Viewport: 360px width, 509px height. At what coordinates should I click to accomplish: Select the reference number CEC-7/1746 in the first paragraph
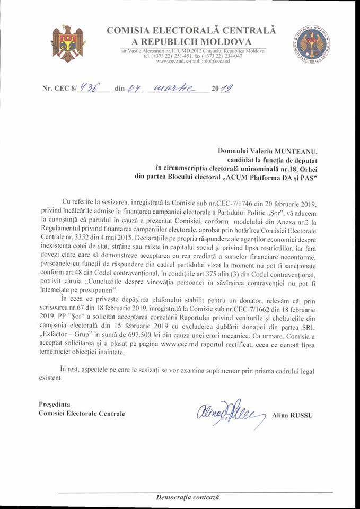(x=236, y=204)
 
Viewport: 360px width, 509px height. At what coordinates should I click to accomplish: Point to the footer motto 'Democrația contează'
(x=188, y=498)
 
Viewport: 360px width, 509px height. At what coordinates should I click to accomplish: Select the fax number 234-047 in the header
(x=229, y=56)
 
